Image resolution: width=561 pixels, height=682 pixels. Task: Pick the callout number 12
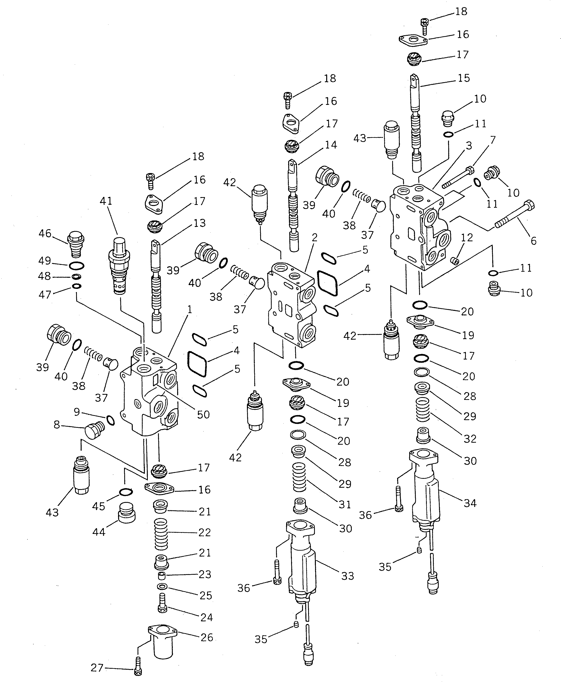coord(467,238)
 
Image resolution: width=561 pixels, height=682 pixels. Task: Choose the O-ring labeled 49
coord(76,266)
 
